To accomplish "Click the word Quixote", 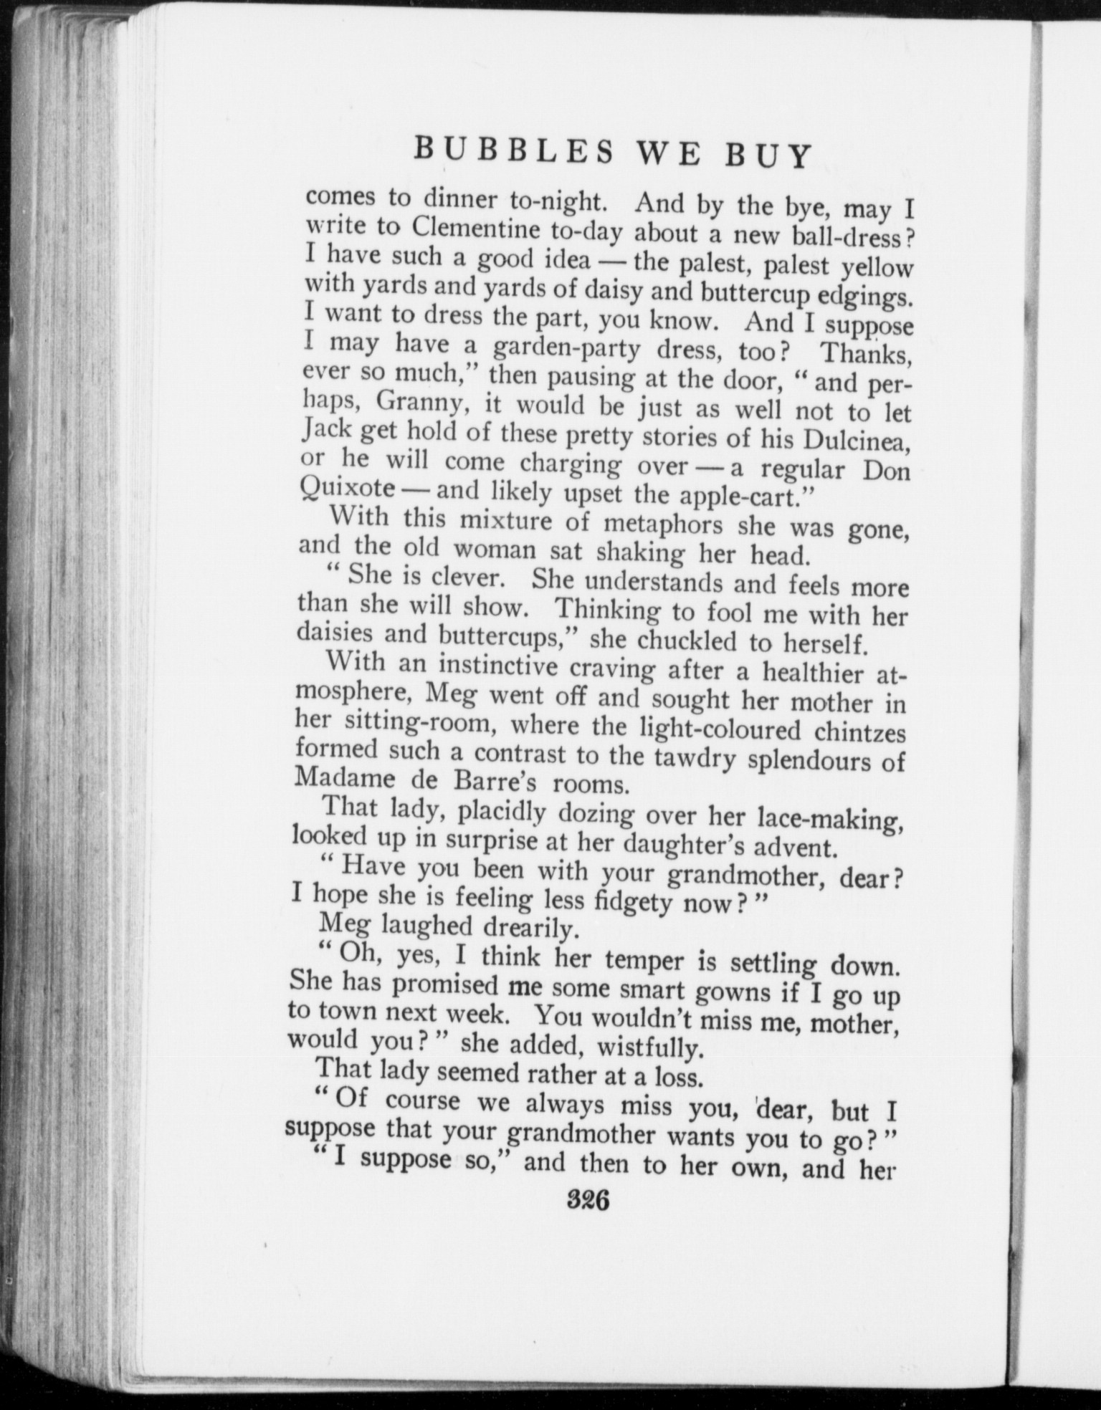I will (x=348, y=490).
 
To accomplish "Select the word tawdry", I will (x=692, y=758).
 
